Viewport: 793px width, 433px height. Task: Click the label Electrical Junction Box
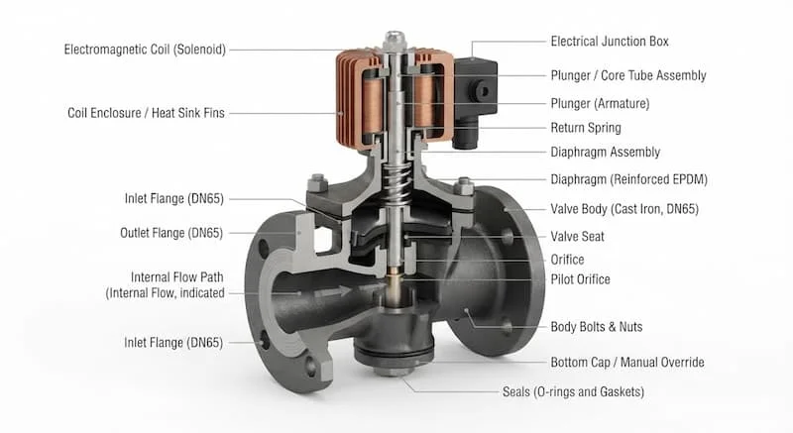(610, 42)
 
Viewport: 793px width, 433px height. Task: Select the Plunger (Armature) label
(600, 104)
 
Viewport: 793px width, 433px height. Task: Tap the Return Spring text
(586, 128)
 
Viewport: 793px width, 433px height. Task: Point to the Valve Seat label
(577, 237)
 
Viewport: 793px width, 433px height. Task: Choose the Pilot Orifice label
(580, 279)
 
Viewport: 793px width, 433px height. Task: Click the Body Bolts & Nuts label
(597, 327)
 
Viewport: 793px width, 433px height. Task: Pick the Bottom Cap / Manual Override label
(627, 363)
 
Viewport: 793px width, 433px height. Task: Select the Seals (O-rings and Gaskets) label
(573, 392)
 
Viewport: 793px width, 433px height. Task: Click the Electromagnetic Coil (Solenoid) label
(145, 50)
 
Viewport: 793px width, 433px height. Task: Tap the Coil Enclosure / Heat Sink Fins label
(146, 113)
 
